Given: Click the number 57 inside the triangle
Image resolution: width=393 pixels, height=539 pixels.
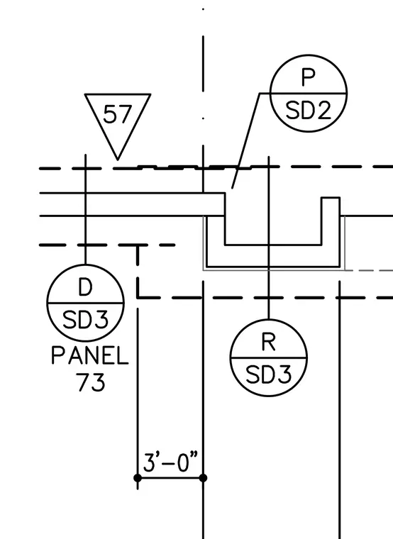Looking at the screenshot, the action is [117, 114].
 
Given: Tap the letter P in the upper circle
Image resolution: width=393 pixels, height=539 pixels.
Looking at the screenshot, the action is [309, 77].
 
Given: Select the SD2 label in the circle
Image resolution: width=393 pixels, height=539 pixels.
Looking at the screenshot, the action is [309, 111].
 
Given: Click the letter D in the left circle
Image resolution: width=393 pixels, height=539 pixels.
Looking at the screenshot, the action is [85, 287].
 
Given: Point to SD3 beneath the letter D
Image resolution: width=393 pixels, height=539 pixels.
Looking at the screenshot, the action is [85, 320].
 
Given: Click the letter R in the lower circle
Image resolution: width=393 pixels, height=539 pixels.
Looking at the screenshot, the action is [269, 342].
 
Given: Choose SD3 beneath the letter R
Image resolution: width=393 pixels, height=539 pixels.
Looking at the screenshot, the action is [269, 374].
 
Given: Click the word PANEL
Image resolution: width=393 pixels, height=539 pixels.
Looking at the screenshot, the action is [90, 355].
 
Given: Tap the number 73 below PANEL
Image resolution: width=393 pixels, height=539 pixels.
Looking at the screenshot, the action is [91, 382].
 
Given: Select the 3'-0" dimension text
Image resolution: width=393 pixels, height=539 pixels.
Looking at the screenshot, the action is [170, 462].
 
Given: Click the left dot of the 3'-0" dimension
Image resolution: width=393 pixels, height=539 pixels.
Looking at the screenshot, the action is [138, 478].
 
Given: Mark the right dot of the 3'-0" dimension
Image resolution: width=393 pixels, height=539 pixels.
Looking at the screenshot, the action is [203, 478].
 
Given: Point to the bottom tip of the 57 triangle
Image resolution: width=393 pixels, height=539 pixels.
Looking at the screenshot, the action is [118, 160].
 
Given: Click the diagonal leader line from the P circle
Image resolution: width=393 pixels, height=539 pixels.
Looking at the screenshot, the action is [246, 140].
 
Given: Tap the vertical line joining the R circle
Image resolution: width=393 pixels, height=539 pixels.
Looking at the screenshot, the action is [269, 238].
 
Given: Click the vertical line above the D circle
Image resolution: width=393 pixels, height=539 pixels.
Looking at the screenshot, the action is [85, 209].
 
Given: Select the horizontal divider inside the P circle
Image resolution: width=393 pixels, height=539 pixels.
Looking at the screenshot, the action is [309, 93].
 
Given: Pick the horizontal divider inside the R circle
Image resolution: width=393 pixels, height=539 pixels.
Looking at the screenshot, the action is [269, 358].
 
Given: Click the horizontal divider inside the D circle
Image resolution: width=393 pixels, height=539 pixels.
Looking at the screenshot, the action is [85, 304].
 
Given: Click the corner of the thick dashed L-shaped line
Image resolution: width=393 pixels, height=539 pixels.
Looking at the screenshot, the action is [138, 297].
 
